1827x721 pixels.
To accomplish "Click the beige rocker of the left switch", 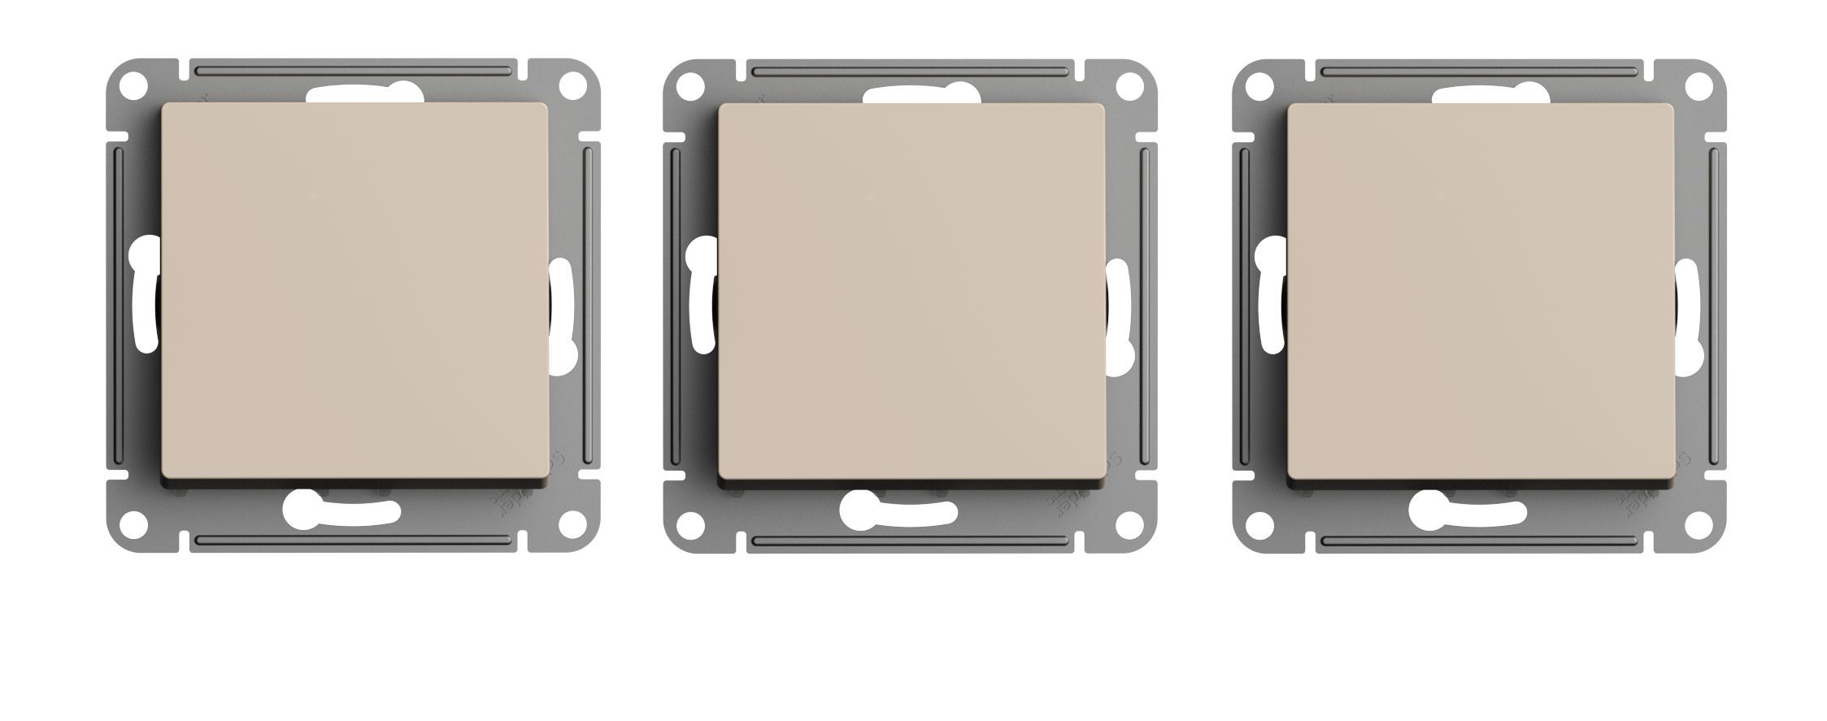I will tap(355, 292).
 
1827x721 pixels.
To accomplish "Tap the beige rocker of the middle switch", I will tap(911, 292).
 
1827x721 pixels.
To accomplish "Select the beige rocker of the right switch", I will tap(1481, 292).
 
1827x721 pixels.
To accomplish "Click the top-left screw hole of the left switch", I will tap(134, 85).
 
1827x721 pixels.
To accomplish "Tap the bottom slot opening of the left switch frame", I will tap(341, 510).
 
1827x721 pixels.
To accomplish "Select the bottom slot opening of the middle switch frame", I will tap(898, 510).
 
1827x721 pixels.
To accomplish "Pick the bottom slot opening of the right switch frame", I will tap(1468, 510).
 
